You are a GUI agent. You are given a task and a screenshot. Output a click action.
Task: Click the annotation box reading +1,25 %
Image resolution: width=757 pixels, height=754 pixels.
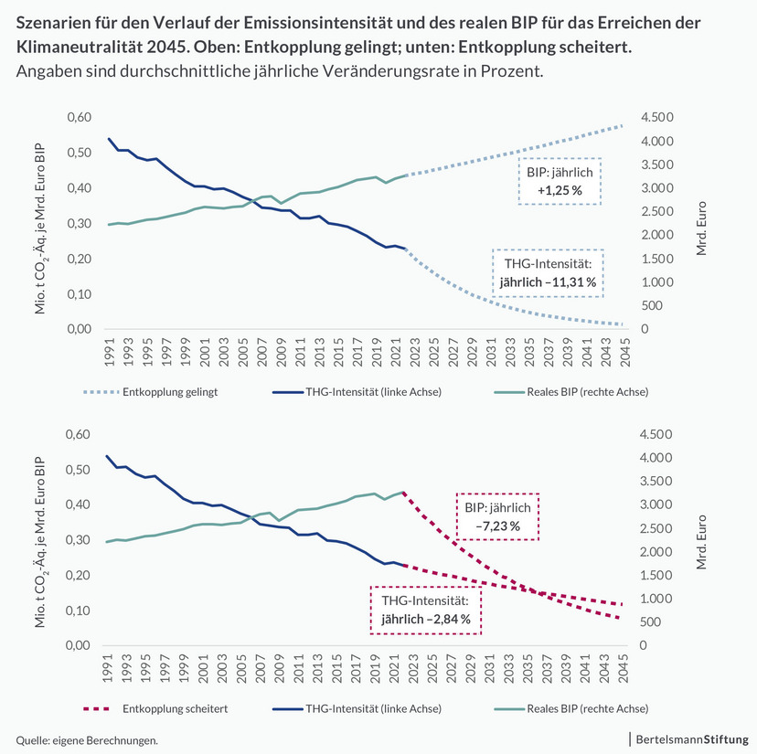(x=560, y=181)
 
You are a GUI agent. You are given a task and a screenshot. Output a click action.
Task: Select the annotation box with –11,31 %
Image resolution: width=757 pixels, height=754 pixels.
(x=548, y=272)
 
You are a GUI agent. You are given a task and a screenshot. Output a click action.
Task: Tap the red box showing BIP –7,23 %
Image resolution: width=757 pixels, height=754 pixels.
(x=497, y=516)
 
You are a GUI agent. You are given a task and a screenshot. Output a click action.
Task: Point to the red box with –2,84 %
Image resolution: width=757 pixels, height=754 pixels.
(x=425, y=610)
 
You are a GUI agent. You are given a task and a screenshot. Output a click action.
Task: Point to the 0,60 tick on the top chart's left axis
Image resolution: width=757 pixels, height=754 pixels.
(x=80, y=117)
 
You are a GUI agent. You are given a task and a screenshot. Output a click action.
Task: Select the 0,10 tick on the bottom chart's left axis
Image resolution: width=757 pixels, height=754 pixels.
(x=80, y=610)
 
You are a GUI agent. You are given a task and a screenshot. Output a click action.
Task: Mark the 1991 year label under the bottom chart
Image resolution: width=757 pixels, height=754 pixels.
(x=109, y=669)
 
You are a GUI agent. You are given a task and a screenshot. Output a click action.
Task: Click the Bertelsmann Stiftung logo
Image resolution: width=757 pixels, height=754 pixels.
(x=691, y=738)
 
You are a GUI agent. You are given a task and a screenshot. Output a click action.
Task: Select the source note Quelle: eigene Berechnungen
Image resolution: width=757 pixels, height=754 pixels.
(x=87, y=738)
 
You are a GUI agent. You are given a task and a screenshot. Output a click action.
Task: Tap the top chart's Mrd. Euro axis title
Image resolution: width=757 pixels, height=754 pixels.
(x=701, y=223)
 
